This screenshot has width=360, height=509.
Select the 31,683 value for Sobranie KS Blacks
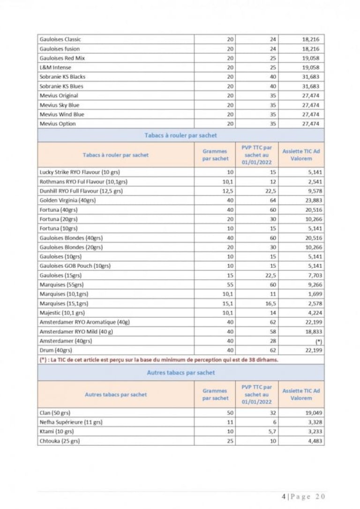point(311,77)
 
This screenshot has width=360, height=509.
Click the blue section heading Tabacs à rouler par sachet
point(181,135)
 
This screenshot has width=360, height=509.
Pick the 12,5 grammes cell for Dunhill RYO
point(228,191)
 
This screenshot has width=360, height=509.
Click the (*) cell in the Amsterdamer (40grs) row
point(319,341)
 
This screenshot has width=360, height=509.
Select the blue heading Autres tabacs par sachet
point(181,373)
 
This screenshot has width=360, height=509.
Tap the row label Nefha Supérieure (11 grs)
point(71,422)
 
